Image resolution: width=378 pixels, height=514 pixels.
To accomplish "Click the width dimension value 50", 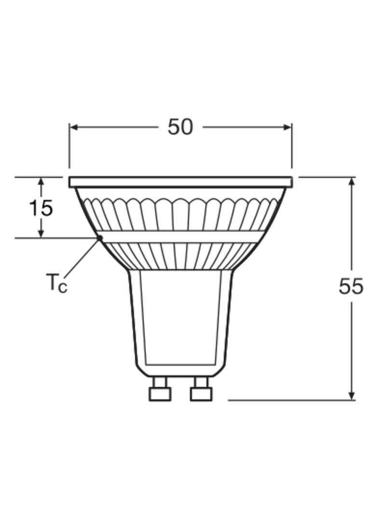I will (180, 127).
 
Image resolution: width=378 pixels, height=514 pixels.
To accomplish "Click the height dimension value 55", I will (351, 286).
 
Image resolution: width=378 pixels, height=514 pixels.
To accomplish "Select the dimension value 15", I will (41, 208).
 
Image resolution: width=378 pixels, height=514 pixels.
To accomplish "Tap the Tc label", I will (57, 283).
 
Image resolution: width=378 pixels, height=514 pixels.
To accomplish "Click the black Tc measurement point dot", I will (100, 237).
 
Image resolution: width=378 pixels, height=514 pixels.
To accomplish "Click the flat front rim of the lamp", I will (180, 182).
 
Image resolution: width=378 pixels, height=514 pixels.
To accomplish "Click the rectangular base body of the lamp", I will (180, 318).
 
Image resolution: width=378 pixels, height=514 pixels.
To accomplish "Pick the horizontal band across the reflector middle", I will (180, 237).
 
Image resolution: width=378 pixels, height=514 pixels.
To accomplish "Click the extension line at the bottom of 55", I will (289, 400).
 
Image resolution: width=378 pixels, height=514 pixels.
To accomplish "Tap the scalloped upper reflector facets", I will (180, 212).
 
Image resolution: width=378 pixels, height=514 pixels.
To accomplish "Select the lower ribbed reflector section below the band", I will (180, 256).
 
